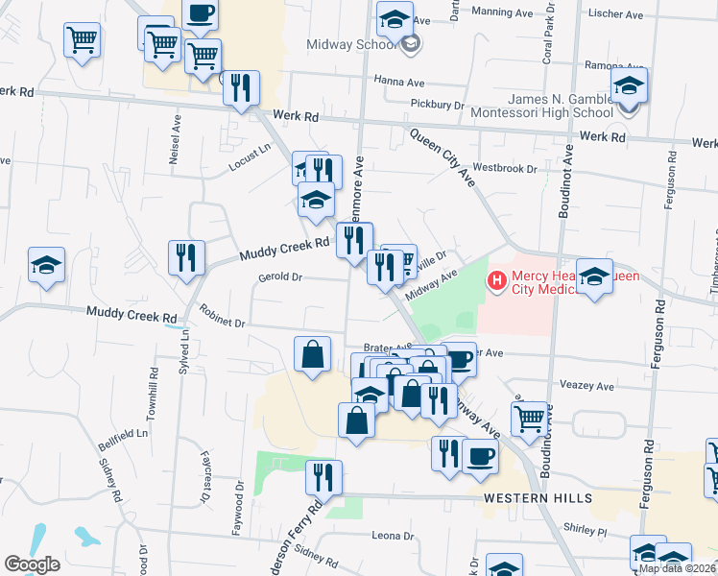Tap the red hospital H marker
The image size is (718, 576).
497,281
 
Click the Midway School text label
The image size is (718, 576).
351,44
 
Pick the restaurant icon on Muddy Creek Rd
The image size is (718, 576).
186,257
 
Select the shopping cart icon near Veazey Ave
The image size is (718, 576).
530,418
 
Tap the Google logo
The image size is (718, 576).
32,564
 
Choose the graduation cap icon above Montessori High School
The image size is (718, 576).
630,86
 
